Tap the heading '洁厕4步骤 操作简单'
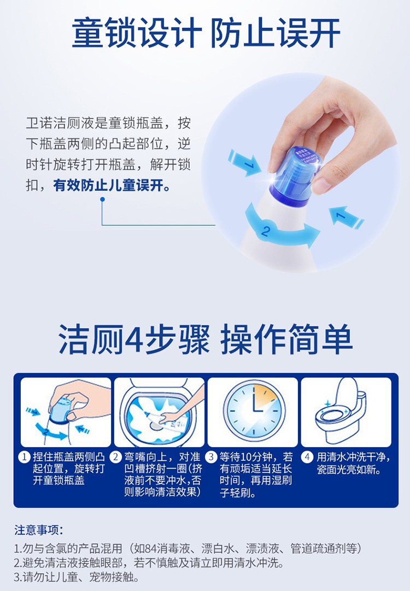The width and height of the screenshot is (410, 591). pyautogui.click(x=206, y=339)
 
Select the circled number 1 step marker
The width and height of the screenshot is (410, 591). pyautogui.click(x=25, y=457)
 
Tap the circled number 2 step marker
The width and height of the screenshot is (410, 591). pyautogui.click(x=116, y=457)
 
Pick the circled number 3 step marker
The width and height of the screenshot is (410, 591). pyautogui.click(x=211, y=457)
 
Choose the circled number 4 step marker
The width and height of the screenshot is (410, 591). pyautogui.click(x=307, y=457)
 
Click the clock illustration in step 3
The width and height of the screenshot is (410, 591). pyautogui.click(x=253, y=410)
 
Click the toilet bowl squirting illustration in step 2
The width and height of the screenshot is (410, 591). pyautogui.click(x=160, y=413)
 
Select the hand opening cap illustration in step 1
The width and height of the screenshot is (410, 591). pyautogui.click(x=66, y=413)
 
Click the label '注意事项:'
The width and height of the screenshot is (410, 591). pyautogui.click(x=38, y=530)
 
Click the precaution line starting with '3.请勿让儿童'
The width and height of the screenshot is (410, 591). pyautogui.click(x=77, y=577)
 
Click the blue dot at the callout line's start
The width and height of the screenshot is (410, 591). pyautogui.click(x=102, y=199)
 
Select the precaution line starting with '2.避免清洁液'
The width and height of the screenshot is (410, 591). pyautogui.click(x=149, y=563)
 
